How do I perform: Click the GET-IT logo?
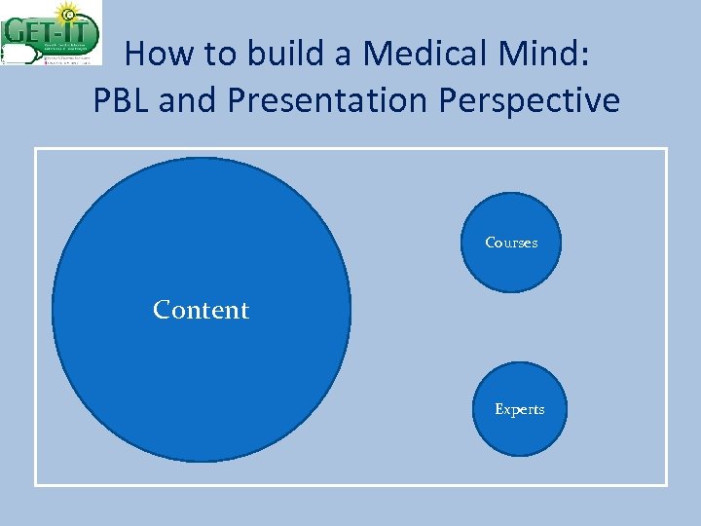(52, 33)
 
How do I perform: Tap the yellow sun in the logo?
(66, 13)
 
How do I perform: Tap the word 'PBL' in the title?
(121, 100)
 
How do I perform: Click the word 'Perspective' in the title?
(529, 100)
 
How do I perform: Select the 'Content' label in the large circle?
(201, 310)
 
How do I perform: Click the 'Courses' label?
(511, 243)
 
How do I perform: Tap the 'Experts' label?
(519, 409)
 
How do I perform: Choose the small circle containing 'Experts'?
(519, 433)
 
